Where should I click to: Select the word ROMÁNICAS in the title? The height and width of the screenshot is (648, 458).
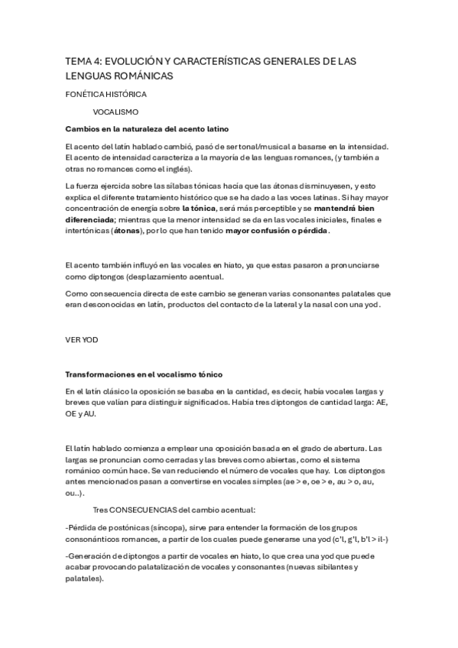click(x=144, y=76)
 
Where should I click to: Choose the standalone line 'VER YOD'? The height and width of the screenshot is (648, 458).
click(x=80, y=339)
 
